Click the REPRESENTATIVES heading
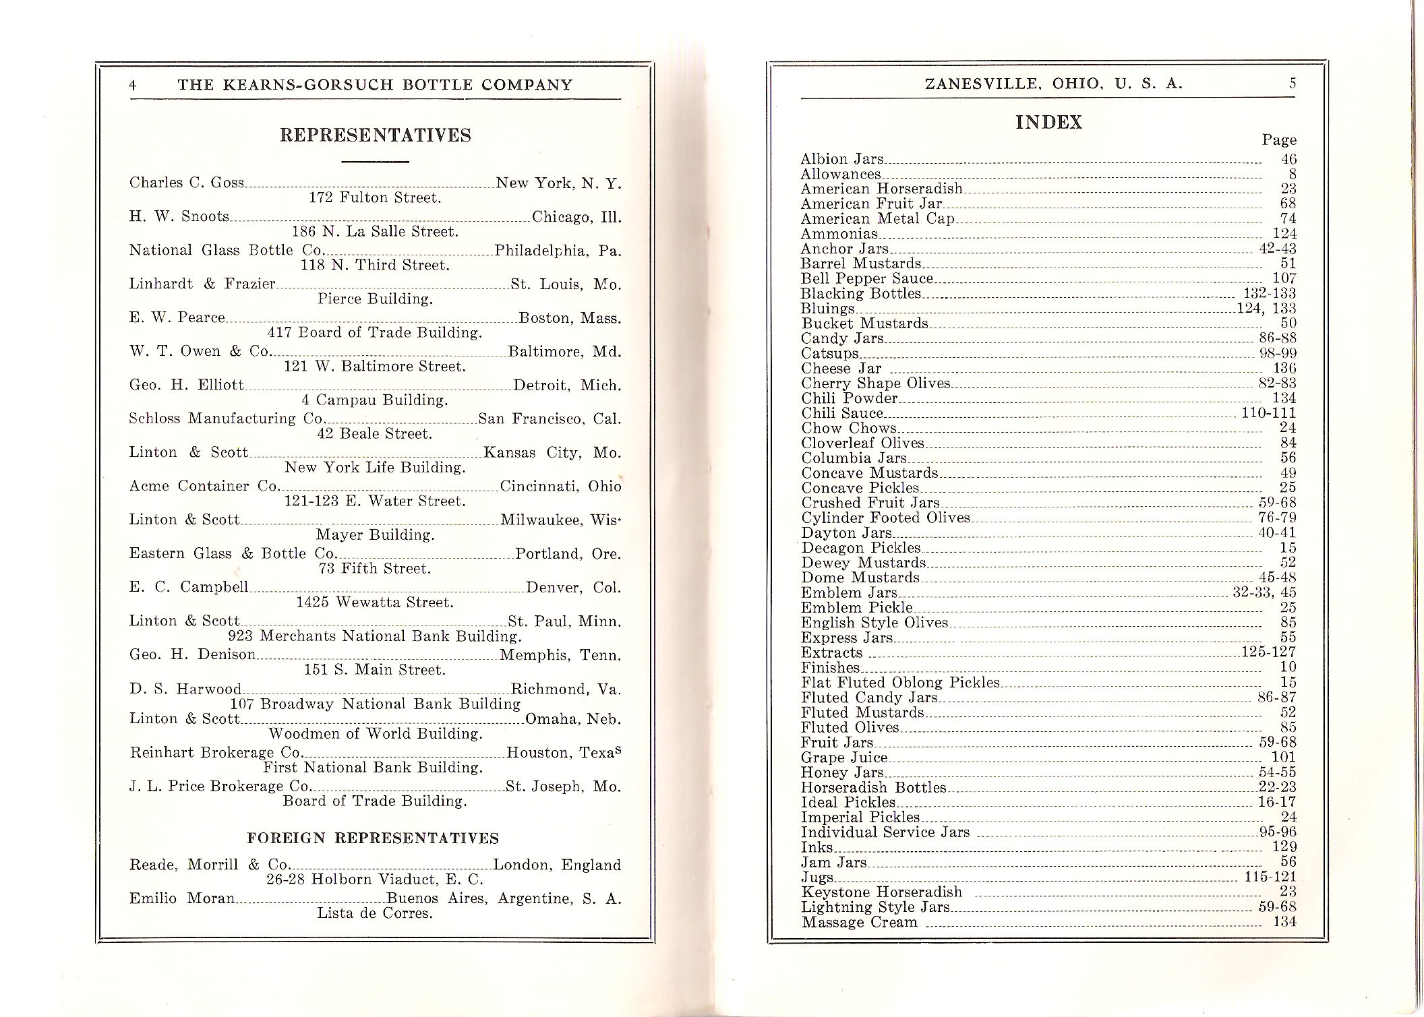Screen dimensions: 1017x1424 [376, 135]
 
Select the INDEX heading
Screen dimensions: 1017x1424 [1048, 123]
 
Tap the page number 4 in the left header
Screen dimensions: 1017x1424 [133, 85]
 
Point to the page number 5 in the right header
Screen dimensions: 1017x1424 [1292, 84]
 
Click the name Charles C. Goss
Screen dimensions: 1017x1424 [187, 183]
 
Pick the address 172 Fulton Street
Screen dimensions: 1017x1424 [375, 198]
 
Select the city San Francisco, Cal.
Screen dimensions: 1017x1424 [550, 419]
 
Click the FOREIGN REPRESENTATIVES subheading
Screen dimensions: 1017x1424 [373, 838]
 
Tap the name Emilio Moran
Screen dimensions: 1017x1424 [182, 898]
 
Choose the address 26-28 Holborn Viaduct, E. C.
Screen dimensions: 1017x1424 [375, 880]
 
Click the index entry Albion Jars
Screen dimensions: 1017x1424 [841, 159]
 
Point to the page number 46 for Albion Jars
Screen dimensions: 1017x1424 [1288, 160]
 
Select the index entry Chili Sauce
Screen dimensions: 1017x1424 [842, 413]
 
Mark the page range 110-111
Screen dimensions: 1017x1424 [1268, 413]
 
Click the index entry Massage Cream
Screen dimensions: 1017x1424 [860, 923]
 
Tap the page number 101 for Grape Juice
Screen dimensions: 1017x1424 [1284, 758]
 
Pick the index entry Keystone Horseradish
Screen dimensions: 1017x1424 [881, 892]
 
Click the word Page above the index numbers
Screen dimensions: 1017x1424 [1278, 140]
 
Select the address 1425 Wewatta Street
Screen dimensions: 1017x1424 [375, 603]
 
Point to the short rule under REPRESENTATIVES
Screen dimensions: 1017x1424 [376, 162]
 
